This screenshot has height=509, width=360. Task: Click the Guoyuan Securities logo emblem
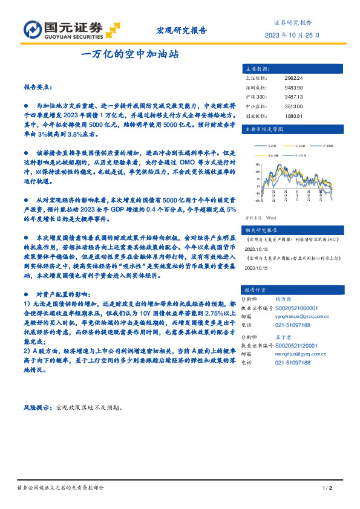(32, 28)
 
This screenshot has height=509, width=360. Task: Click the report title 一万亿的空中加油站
(129, 53)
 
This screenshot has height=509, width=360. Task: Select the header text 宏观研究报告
(182, 30)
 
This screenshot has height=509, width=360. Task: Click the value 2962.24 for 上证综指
(293, 78)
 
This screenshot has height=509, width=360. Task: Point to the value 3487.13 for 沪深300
(293, 96)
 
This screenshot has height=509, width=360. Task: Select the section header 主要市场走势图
(263, 129)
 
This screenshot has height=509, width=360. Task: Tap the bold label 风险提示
(37, 407)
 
